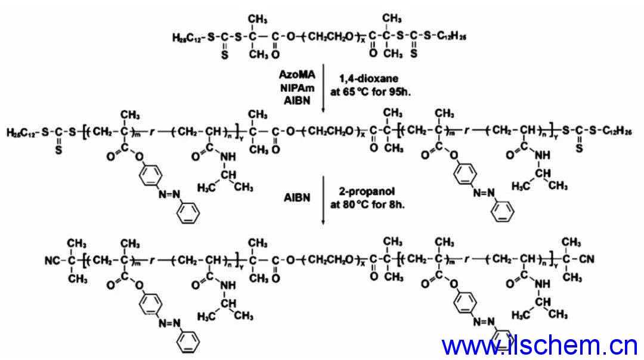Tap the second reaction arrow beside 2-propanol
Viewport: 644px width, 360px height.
point(323,199)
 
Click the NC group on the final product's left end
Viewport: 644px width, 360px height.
point(51,260)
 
